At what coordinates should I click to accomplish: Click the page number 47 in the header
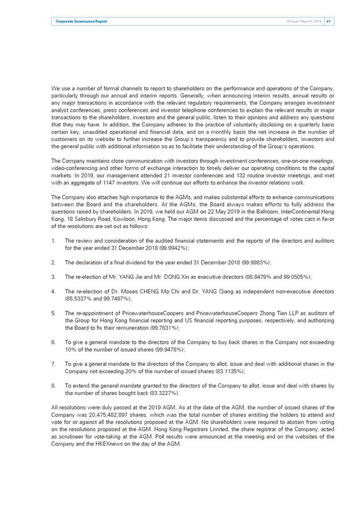[329, 21]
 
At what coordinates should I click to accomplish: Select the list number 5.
[52, 312]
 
